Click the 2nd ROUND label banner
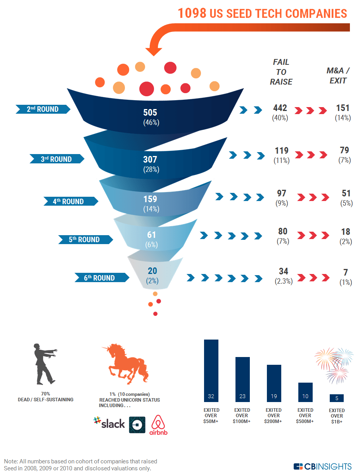[43, 109]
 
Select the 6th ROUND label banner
[102, 278]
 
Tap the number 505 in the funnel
[150, 113]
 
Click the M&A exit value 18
[345, 232]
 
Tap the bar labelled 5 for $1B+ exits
[336, 398]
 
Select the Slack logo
[109, 423]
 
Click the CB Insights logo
[322, 466]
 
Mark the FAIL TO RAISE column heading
[281, 72]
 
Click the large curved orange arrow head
[154, 50]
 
